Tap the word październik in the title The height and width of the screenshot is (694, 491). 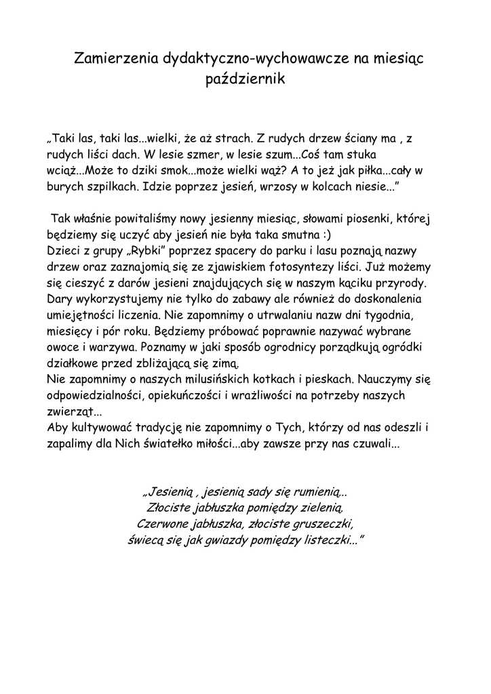tap(245, 80)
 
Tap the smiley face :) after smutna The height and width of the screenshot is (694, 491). tap(327, 235)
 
